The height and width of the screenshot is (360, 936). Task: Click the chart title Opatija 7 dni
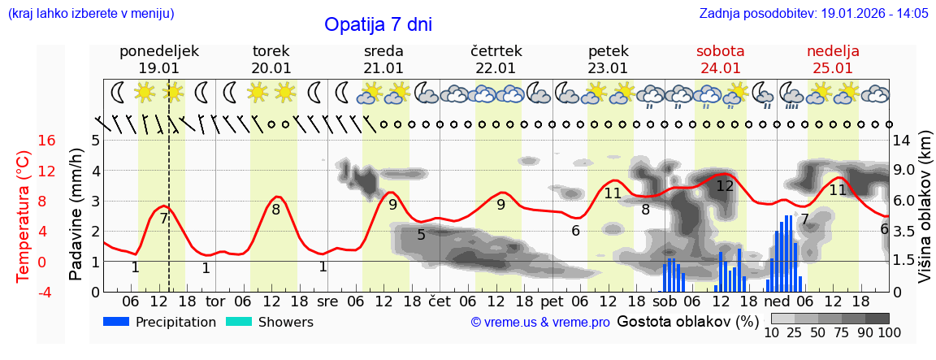pos(378,24)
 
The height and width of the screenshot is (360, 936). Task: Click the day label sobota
pos(720,51)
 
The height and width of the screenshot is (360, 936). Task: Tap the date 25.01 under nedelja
pos(833,68)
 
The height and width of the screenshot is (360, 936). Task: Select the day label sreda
pos(383,51)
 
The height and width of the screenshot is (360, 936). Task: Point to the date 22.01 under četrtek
pos(496,68)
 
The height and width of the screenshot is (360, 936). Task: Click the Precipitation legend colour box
pos(117,322)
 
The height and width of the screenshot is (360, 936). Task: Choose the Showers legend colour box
pos(239,322)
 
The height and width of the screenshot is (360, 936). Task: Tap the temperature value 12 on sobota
pos(725,186)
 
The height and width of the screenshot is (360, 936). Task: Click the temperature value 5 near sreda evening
pos(421,235)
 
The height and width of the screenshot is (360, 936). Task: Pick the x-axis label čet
pos(439,301)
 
